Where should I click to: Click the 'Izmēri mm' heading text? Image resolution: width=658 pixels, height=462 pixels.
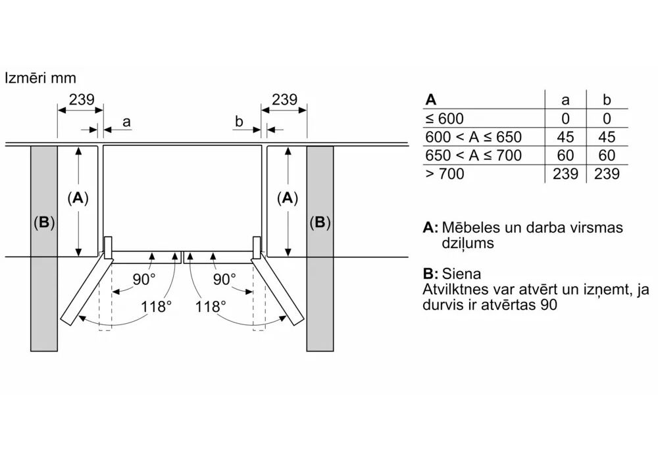[x=40, y=78]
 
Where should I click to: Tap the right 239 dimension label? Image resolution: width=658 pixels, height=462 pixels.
[x=284, y=100]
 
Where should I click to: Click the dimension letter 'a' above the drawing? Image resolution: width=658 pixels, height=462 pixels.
[x=126, y=122]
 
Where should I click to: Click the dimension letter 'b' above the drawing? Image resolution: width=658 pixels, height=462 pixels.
[x=239, y=122]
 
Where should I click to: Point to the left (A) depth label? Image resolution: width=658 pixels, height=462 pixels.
[x=78, y=198]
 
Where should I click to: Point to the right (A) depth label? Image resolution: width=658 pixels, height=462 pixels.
[x=287, y=198]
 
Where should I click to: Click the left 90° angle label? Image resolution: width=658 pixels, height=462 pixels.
[x=143, y=279]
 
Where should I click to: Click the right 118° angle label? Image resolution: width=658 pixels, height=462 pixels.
[x=211, y=306]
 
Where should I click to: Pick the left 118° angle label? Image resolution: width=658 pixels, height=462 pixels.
[x=156, y=306]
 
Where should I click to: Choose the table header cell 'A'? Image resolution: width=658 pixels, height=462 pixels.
[x=431, y=100]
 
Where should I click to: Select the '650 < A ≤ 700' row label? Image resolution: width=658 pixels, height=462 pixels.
[x=473, y=155]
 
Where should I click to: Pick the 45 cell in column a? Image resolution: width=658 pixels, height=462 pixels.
[x=565, y=137]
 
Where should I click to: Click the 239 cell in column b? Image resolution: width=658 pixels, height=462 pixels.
[x=607, y=174]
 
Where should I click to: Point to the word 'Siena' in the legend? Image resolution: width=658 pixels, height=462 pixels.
[x=461, y=274]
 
